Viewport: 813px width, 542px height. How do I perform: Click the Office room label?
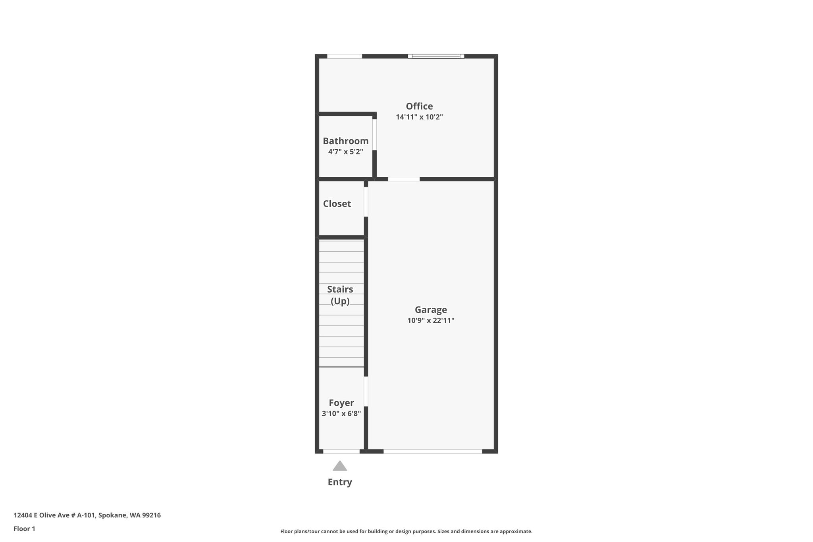(419, 106)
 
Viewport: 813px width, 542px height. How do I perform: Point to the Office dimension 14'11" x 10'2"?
(419, 117)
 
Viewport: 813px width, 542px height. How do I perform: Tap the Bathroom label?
(345, 141)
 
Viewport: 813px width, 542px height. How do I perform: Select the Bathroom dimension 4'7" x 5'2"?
(345, 152)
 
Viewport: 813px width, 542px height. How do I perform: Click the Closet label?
(337, 204)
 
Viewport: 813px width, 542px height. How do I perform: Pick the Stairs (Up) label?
(340, 295)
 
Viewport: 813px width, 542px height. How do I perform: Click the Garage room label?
(431, 310)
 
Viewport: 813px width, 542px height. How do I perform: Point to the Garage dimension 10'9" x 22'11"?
(431, 320)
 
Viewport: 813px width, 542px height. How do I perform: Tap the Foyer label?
(341, 403)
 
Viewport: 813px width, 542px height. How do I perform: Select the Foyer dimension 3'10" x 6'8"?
(341, 414)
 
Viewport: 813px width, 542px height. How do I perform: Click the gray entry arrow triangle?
(340, 466)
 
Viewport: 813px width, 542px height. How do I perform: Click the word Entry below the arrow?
(340, 482)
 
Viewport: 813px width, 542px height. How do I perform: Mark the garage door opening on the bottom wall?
(433, 451)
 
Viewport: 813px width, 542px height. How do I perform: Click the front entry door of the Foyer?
(341, 451)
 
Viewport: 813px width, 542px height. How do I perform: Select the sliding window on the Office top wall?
(436, 56)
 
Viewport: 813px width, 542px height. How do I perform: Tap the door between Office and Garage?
(404, 179)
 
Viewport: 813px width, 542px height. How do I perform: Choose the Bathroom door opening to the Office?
(374, 135)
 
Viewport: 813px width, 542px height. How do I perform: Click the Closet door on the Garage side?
(366, 202)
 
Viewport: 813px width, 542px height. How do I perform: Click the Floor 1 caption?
(24, 529)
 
